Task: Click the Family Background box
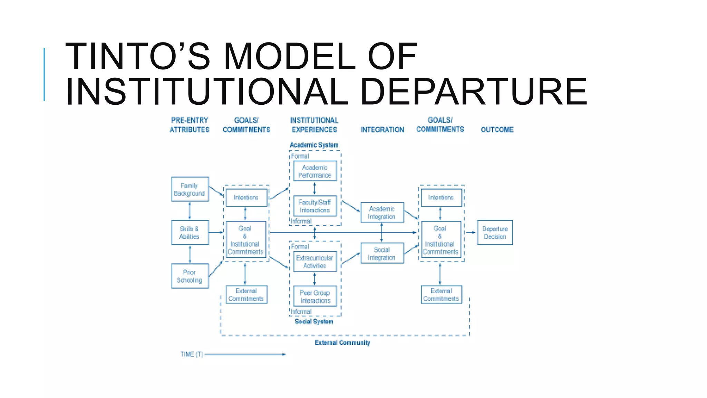pos(190,189)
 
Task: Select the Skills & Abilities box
pos(190,233)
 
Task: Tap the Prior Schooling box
pos(190,276)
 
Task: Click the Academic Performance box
pos(315,171)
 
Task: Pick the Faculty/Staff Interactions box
pos(315,206)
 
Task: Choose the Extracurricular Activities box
pos(315,262)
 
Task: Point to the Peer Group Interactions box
pos(315,296)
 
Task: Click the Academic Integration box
pos(382,212)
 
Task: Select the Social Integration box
pos(382,253)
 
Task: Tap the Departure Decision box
pos(495,233)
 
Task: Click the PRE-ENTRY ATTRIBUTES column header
pos(190,125)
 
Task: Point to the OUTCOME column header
pos(497,130)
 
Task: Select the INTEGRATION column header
pos(382,130)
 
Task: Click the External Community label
pos(342,342)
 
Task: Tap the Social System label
pos(314,321)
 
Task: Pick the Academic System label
pos(314,145)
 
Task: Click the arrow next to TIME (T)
pos(245,354)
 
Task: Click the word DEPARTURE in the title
pos(473,92)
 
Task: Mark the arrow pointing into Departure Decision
pos(471,233)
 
